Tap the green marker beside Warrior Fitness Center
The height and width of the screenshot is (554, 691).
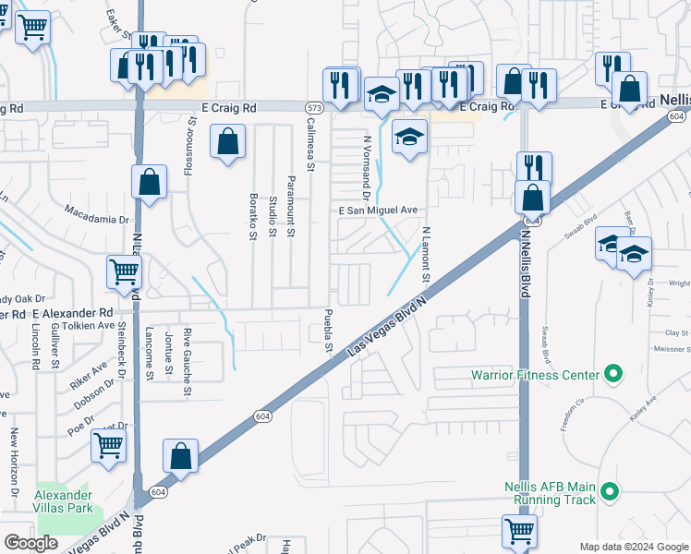click(x=611, y=375)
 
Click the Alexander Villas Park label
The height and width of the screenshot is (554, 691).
click(x=64, y=501)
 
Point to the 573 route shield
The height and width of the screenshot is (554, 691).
click(x=313, y=108)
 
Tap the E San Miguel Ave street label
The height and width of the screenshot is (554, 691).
click(x=379, y=211)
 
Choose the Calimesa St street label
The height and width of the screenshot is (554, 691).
click(x=310, y=146)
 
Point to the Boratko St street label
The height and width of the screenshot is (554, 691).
click(x=252, y=217)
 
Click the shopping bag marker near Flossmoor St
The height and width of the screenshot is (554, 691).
click(x=227, y=143)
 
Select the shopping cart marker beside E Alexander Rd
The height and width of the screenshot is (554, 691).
click(x=124, y=271)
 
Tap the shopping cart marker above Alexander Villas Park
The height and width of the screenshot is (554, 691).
click(x=109, y=446)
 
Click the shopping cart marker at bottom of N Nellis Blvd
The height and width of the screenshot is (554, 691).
click(x=519, y=531)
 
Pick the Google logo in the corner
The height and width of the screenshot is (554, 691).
click(x=31, y=542)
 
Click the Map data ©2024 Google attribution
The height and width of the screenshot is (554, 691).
click(x=633, y=547)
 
